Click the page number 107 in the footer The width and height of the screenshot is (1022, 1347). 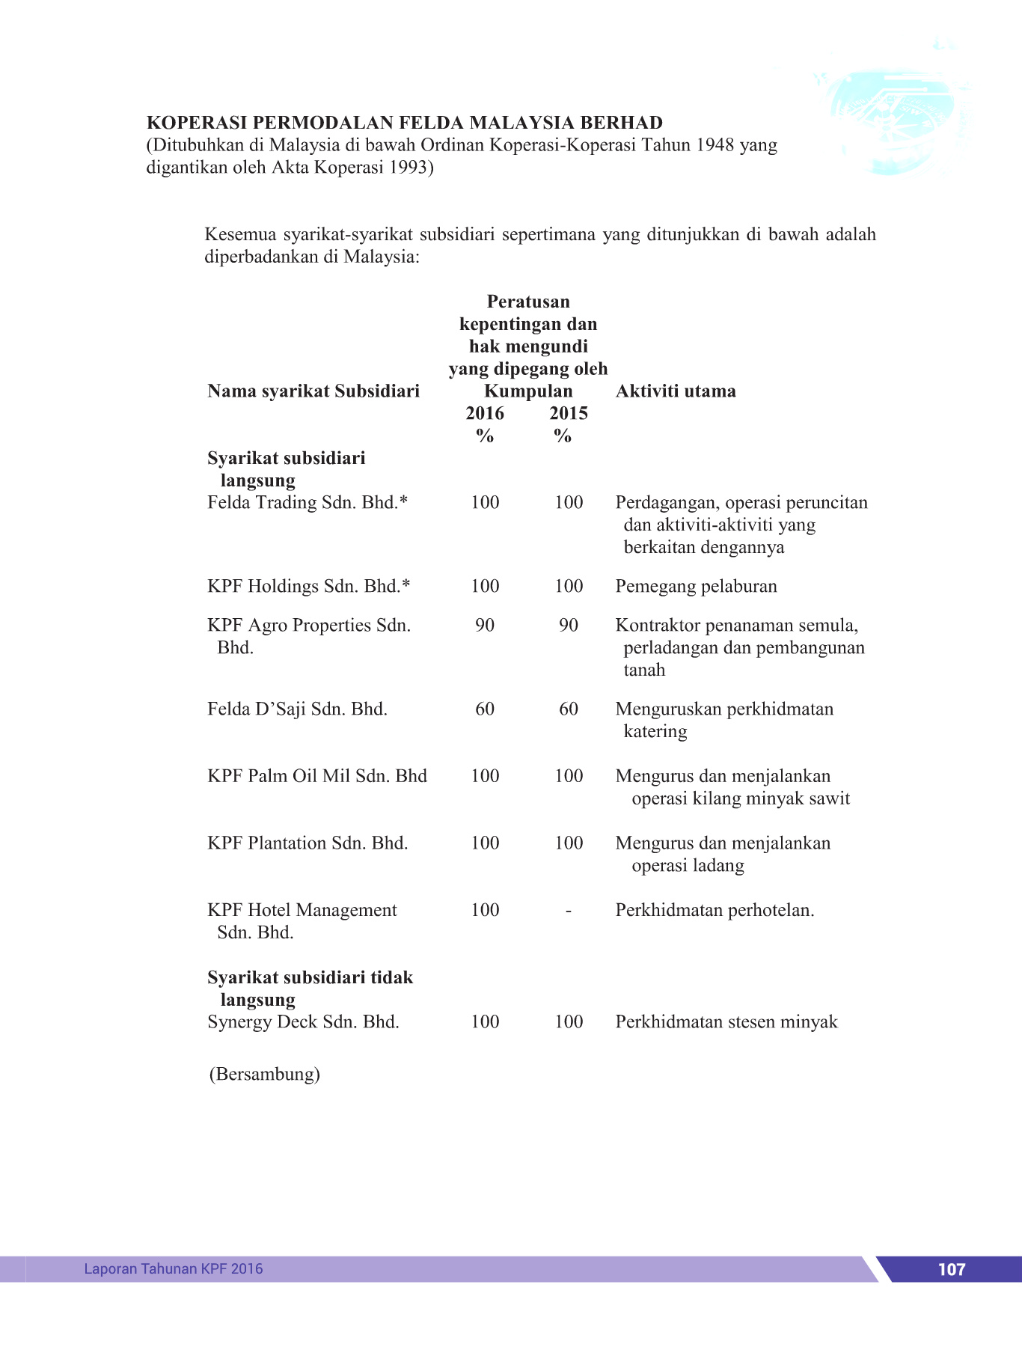[951, 1269]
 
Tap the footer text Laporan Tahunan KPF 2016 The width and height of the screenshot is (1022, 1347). [174, 1268]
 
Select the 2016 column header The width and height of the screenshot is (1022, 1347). [485, 413]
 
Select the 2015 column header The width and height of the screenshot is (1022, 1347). [569, 413]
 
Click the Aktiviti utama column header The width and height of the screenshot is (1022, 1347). [676, 391]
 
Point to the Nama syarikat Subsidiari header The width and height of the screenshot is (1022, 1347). [313, 391]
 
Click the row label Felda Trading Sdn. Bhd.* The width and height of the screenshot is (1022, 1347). [307, 502]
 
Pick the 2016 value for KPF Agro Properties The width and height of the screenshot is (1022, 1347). [485, 625]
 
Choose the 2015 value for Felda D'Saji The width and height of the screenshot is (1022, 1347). [569, 709]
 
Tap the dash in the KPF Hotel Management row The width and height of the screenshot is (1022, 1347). [569, 911]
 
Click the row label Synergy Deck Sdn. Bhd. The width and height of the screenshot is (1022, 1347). [303, 1021]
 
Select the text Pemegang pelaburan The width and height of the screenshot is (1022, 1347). [696, 586]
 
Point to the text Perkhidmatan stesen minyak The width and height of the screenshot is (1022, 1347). [726, 1021]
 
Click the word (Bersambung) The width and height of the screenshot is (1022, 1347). [264, 1074]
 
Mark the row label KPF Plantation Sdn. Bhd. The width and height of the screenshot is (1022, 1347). [307, 843]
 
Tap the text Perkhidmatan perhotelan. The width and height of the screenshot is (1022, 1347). [715, 910]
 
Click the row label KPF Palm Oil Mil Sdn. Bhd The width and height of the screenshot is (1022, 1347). [317, 775]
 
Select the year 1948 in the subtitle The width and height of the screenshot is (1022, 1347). [715, 144]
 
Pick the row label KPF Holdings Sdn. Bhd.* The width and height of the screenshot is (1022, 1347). [309, 586]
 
